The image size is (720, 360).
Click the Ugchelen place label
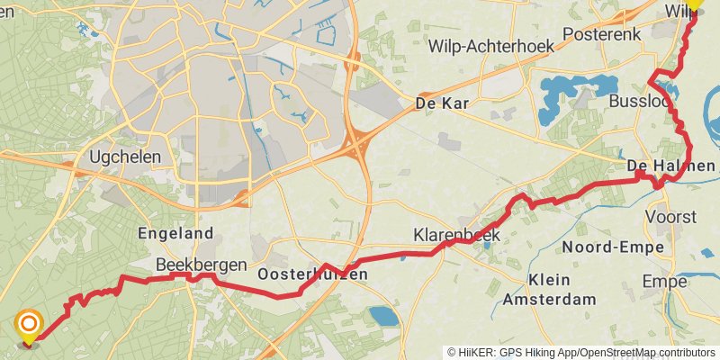coord(125,157)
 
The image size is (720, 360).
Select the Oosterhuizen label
coord(312,274)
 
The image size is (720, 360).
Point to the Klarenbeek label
coord(456,235)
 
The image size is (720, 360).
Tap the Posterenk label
coord(595,33)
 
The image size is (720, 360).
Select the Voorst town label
coord(671,218)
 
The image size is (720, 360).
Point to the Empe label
coord(664,282)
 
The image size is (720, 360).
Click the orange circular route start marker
coord(29,324)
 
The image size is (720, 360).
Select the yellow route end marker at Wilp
coord(696,4)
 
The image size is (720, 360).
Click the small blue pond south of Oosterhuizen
coord(382,316)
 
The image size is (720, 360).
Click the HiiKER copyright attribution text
coord(581,352)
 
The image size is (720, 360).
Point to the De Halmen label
coord(670,166)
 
